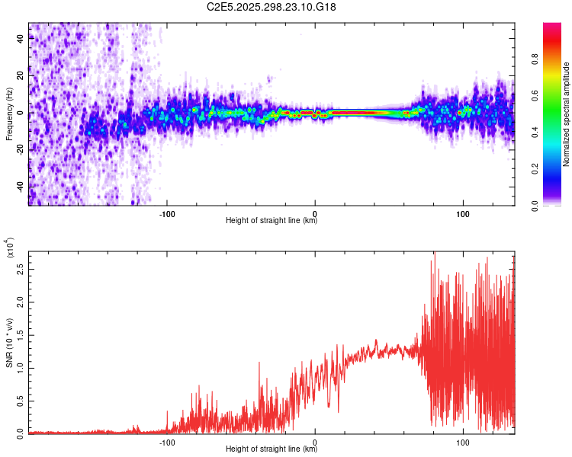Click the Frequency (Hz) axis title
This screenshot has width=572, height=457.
coord(10,114)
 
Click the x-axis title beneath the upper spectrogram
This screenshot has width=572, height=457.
coord(272,221)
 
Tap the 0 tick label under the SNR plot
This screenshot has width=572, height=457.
coord(315,442)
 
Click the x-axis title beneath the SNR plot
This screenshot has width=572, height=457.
coord(272,449)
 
